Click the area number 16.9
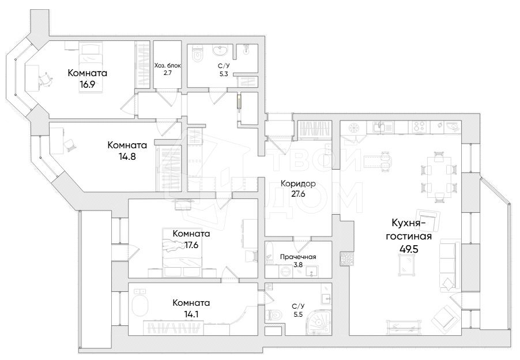[87, 84]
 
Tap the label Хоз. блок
[168, 65]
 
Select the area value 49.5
[409, 249]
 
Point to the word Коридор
[298, 183]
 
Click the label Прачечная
[298, 257]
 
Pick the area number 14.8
[127, 156]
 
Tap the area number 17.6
[191, 245]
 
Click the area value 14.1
[191, 314]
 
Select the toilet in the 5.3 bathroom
[197, 54]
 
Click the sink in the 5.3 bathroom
[220, 50]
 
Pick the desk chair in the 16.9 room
[46, 80]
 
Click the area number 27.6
[298, 194]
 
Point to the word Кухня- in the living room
[409, 223]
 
